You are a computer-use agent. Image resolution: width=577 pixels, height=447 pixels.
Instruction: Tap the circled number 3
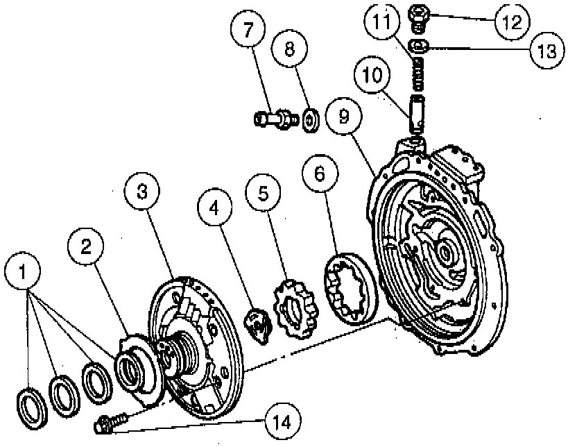(x=142, y=193)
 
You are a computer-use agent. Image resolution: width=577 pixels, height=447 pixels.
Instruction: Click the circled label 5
(x=264, y=194)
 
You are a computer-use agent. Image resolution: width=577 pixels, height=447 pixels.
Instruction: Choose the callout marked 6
(x=319, y=175)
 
